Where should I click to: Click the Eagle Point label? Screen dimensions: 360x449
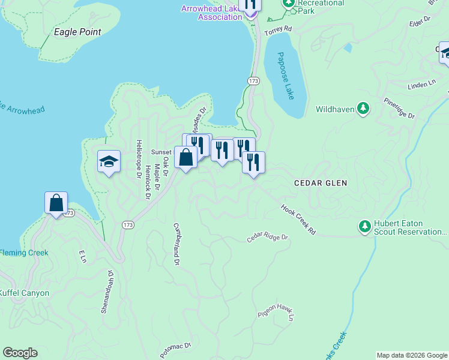[77, 32]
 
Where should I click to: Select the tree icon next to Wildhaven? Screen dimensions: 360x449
[363, 109]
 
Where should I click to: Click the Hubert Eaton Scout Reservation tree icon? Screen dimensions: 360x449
[364, 227]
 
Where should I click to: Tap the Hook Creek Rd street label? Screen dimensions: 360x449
[298, 220]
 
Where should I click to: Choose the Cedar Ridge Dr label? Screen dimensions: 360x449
[268, 238]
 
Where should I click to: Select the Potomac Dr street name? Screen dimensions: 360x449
[175, 349]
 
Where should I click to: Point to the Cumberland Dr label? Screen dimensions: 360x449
[177, 244]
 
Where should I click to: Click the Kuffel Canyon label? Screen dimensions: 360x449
[24, 293]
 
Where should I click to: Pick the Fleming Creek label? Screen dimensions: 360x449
[24, 253]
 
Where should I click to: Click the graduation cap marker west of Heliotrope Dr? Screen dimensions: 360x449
[109, 161]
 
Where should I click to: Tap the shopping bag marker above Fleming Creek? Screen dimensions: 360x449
[56, 203]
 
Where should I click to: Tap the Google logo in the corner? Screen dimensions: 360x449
[20, 353]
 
